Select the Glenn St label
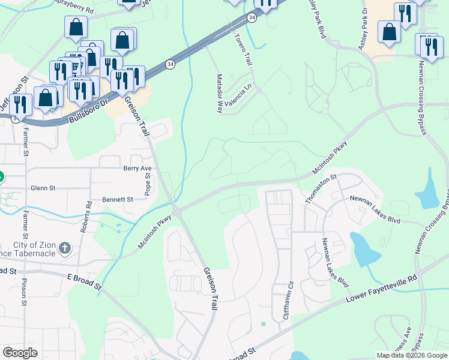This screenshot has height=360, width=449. tap(43, 188)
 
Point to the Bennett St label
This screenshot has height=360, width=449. tap(117, 199)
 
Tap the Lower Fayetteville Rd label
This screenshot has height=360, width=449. tap(381, 290)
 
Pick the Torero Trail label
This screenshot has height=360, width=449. tap(246, 49)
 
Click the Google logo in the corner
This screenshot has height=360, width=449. tap(20, 353)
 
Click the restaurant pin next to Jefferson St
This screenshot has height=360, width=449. tap(22, 104)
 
